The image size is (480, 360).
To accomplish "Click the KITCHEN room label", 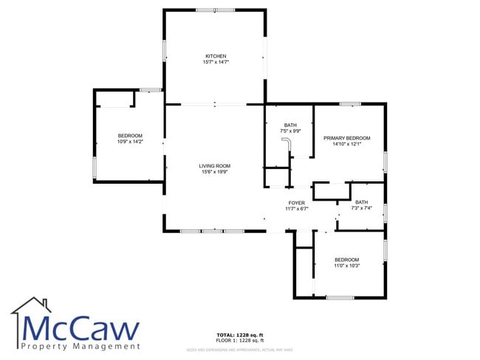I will pos(216,56).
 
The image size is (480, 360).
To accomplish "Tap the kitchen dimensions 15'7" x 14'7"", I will pos(216,62).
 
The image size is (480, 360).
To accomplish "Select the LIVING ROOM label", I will pos(215,166).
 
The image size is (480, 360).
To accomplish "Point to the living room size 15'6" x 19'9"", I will pos(215,172).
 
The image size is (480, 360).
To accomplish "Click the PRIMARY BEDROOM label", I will pos(346,139).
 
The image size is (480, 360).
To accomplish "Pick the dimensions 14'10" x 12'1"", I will pos(346,145).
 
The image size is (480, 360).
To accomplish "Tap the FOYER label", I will pos(297,203).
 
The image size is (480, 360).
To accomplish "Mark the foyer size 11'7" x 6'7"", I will pos(297,209).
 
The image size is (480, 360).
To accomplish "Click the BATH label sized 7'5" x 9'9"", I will pos(290,125).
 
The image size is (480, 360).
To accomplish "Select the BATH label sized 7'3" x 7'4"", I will pos(361,202).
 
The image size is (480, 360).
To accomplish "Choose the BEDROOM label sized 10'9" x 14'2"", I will pos(130,135).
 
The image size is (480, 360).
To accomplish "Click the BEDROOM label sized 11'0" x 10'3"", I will pos(346,260).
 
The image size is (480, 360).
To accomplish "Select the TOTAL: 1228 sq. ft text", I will pos(240,336).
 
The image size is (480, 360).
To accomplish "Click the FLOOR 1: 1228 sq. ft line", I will pos(240,341).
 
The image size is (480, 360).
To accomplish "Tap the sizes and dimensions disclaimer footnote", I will pos(240,349).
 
